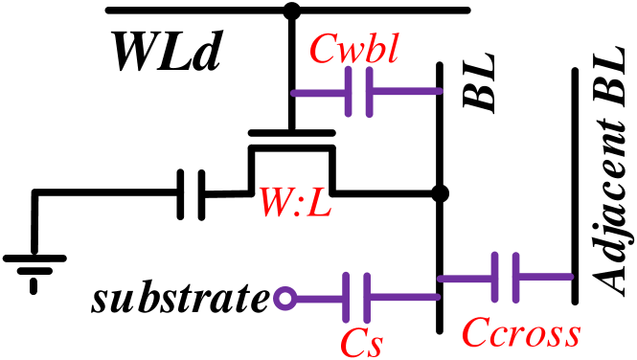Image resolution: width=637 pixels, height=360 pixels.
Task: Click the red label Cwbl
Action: point(353,49)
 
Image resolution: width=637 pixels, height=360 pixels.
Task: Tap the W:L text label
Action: point(294,202)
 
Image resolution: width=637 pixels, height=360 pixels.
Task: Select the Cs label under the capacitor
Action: point(361,343)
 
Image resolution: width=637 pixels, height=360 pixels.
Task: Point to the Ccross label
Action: point(520,333)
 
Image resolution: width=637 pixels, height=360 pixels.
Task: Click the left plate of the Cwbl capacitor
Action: point(349,92)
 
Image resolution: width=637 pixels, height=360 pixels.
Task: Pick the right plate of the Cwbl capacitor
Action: point(369,92)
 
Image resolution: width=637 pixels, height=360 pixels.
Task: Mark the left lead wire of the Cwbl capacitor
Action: point(319,93)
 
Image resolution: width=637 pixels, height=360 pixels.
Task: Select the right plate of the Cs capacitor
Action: point(367,298)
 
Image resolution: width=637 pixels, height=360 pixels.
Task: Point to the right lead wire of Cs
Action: point(403,298)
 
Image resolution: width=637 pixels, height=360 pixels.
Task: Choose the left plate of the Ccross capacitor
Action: point(495,278)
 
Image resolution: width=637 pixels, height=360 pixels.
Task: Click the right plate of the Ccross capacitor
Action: point(516,278)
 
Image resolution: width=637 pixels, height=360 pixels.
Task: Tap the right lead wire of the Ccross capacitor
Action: point(544,278)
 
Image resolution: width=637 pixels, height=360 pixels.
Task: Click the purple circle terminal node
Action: point(284,299)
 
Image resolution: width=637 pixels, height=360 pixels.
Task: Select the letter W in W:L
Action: point(273,202)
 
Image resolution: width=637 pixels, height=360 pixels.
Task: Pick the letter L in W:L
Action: point(319,202)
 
